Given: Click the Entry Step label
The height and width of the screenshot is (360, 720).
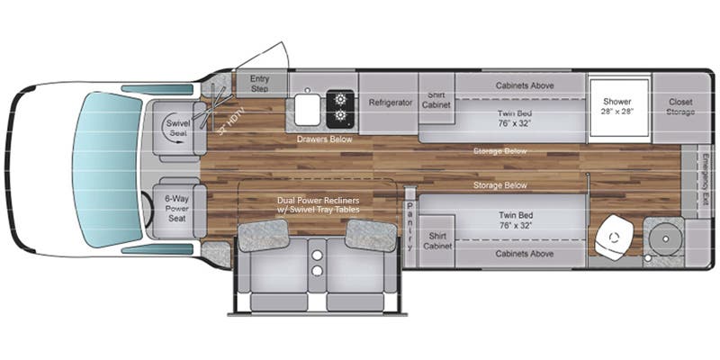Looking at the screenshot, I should coord(260,83).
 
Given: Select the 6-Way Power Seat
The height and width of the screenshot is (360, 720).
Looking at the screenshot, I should coord(176,210).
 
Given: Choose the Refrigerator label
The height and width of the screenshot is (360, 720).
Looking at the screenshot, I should coord(390,103).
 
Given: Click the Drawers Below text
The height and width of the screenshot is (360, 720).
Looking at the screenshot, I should coord(324,139).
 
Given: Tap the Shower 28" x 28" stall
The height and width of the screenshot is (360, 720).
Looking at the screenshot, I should coord(617,107).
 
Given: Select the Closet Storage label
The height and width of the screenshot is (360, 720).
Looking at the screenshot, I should coord(679,107).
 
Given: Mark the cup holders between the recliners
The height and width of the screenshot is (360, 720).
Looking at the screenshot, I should coord(317,262).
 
